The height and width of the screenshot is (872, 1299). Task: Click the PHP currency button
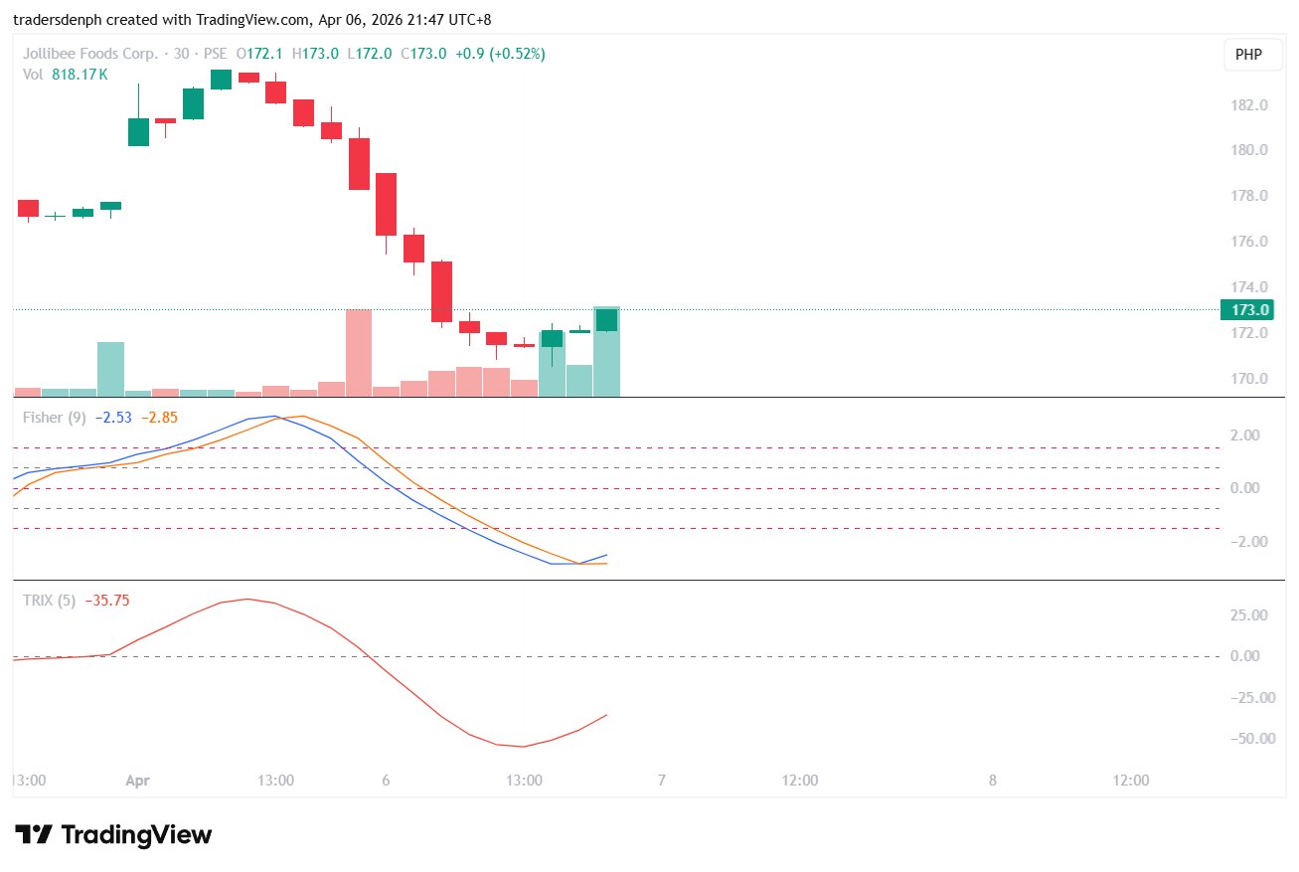1248,55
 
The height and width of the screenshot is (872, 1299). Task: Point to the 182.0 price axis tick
1249,105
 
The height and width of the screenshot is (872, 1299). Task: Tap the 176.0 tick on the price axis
1249,242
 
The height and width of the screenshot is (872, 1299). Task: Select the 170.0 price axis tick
1249,379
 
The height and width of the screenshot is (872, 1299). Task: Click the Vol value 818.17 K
80,75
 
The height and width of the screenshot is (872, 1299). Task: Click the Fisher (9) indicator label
54,418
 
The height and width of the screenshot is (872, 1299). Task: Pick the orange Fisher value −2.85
159,418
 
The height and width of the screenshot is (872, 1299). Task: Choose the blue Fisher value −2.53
114,418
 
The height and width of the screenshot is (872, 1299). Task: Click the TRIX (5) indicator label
50,601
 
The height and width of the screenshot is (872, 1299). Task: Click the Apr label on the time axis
137,781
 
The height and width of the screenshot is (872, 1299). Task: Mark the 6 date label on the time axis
386,781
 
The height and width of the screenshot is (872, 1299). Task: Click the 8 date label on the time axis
992,781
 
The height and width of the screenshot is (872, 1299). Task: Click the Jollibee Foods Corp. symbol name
89,54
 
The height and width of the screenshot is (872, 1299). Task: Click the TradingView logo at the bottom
113,835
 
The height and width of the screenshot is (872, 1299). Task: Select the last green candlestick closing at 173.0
606,320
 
